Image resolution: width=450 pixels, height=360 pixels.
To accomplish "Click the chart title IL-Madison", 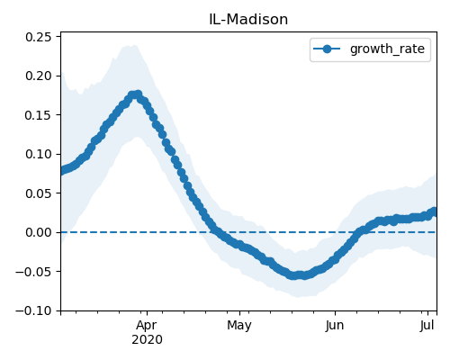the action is pyautogui.click(x=248, y=20).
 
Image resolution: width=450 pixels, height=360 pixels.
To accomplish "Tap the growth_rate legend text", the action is pyautogui.click(x=387, y=49).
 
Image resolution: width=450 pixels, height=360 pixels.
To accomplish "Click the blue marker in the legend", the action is pyautogui.click(x=327, y=49).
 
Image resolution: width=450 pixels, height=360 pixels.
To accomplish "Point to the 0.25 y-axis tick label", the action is pyautogui.click(x=39, y=37).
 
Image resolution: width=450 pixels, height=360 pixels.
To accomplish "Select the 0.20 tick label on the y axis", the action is pyautogui.click(x=39, y=76).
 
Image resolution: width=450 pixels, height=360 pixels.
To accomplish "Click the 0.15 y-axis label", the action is pyautogui.click(x=39, y=115).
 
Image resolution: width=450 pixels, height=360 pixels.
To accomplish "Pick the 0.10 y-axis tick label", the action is pyautogui.click(x=39, y=154).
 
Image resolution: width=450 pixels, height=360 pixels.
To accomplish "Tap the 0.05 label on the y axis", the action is pyautogui.click(x=39, y=193).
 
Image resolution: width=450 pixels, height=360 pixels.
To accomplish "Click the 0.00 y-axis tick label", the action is pyautogui.click(x=39, y=232).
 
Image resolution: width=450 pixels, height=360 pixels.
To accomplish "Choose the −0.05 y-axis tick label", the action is pyautogui.click(x=33, y=272).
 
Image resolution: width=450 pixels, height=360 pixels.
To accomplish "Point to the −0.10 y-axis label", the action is pyautogui.click(x=33, y=310).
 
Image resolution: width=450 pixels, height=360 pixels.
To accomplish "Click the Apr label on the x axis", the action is pyautogui.click(x=147, y=326).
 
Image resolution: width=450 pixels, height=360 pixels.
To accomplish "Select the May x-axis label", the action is pyautogui.click(x=239, y=326).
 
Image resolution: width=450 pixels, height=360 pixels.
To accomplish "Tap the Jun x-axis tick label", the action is pyautogui.click(x=335, y=326).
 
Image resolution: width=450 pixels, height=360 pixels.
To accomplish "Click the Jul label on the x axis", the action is pyautogui.click(x=427, y=326).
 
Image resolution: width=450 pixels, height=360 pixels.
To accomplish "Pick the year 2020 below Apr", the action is pyautogui.click(x=147, y=339).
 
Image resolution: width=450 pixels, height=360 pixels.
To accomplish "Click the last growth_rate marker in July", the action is pyautogui.click(x=434, y=211).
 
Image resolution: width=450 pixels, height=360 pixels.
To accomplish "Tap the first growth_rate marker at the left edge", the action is pyautogui.click(x=62, y=171).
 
